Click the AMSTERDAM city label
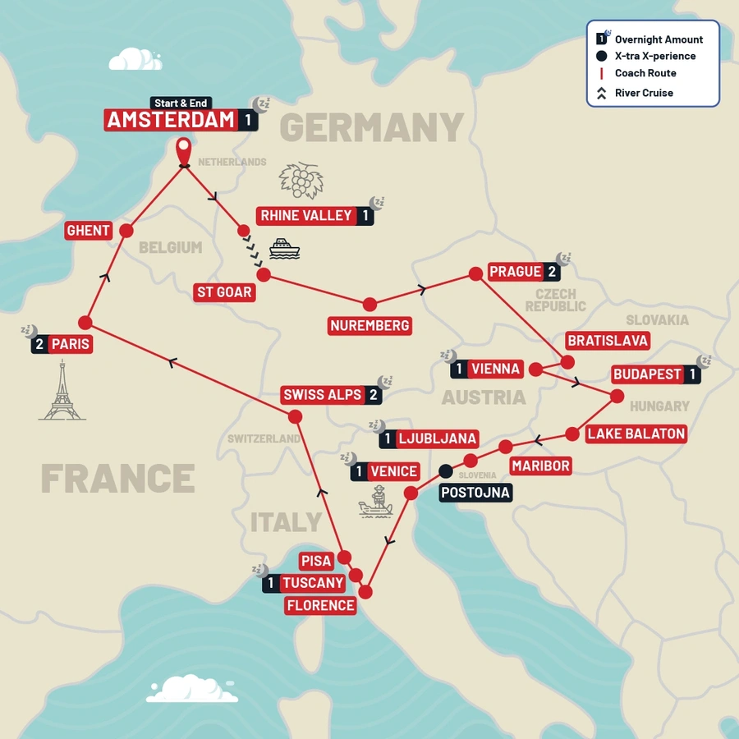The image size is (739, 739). pos(172,120)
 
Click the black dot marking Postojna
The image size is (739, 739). pos(445,471)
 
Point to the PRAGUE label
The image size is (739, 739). pos(515,272)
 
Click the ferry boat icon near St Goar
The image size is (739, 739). pos(284,249)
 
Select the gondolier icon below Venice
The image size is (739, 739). pos(377,502)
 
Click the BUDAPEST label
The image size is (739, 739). pos(648,374)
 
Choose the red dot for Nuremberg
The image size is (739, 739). pos(369,304)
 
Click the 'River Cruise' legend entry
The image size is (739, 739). pos(644,93)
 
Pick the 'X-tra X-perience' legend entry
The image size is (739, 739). pos(654,56)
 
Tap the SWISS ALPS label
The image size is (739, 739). pos(322,395)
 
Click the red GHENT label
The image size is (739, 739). pos(88,231)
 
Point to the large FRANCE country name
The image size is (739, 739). pos(117,479)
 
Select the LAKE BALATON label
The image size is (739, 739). pos(636,434)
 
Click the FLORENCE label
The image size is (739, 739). pos(321,606)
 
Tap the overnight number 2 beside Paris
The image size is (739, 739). pos(39,345)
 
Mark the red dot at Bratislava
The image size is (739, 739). pos(567,360)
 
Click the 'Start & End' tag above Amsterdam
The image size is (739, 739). pos(181,103)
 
